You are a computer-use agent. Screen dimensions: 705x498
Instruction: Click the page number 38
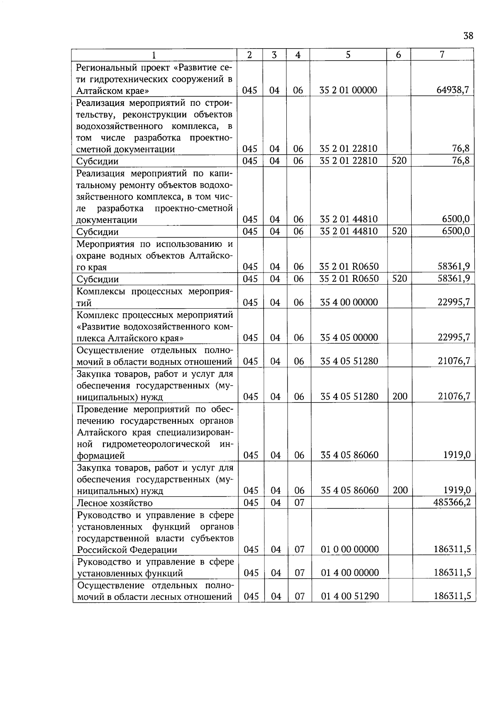coord(468,36)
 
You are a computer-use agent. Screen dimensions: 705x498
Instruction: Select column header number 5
coord(348,54)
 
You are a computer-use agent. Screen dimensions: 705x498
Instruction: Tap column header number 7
coord(442,54)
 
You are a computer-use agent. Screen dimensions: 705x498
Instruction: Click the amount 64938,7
coord(453,90)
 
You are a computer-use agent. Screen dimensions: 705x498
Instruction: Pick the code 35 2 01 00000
coord(349,90)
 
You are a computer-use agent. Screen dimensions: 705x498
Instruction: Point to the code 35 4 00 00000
coord(349,302)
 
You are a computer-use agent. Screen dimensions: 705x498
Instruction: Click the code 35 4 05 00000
coord(349,338)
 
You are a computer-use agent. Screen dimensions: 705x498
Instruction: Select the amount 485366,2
coord(452,503)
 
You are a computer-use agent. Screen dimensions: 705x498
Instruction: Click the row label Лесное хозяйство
coord(115,504)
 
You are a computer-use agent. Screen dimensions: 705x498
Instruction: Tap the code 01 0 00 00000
coord(350,550)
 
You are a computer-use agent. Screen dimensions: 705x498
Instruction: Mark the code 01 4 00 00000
coord(350,573)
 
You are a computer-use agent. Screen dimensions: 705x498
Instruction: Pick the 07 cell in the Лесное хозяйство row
coord(299,503)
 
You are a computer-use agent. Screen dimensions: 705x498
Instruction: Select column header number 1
coord(154,55)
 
